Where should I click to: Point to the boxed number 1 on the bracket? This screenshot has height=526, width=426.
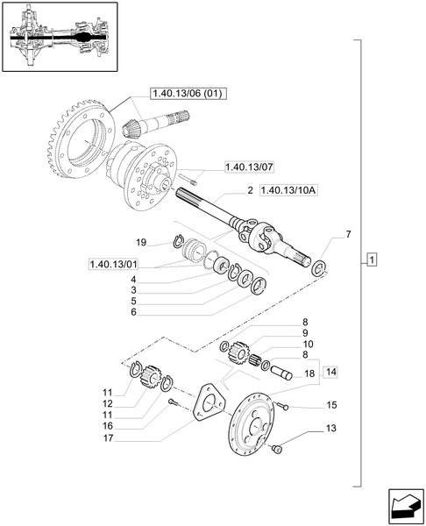click(x=373, y=260)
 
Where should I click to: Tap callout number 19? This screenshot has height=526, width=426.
click(x=140, y=241)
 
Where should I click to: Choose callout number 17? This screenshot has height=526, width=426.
click(x=131, y=439)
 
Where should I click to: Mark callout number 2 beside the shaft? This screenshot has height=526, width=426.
click(x=251, y=190)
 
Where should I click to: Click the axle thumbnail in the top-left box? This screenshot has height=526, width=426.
click(x=60, y=39)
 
